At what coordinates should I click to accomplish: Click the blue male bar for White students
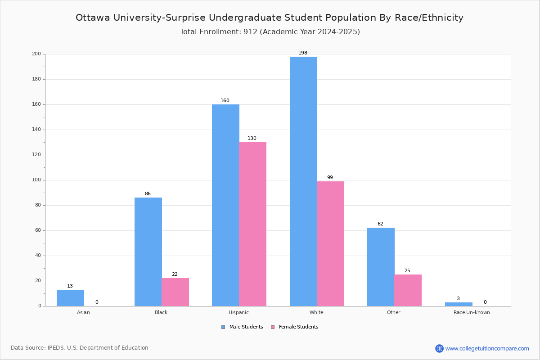tap(303, 181)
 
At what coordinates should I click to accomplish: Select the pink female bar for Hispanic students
tap(252, 224)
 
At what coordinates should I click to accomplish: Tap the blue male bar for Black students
tap(148, 252)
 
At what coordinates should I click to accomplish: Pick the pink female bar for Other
tap(408, 290)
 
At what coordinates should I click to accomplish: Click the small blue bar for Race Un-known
tap(459, 304)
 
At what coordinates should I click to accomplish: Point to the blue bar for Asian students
tap(70, 298)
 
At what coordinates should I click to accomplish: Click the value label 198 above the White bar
tap(303, 53)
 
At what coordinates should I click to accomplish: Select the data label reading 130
tap(252, 138)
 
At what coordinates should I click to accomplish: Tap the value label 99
tap(330, 177)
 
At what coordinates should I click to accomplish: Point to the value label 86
tap(148, 193)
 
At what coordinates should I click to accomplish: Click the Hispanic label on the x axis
tap(238, 312)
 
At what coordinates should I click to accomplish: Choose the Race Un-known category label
tap(472, 312)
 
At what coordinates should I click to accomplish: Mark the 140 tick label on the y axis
tap(36, 130)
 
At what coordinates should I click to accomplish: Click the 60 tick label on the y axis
tap(38, 230)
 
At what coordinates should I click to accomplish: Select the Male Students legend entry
tap(242, 327)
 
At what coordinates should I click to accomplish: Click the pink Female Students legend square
tap(273, 327)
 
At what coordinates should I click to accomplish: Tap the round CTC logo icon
tap(439, 348)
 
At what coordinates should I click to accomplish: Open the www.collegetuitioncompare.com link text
tap(487, 348)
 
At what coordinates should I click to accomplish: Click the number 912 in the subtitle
tap(250, 31)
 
